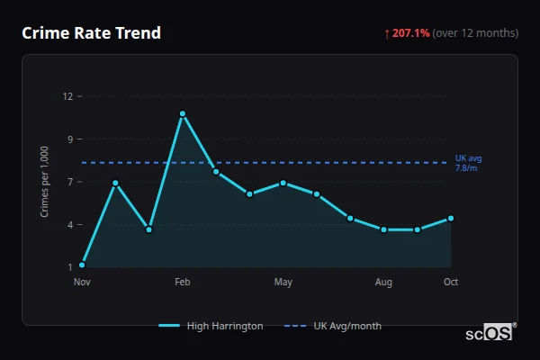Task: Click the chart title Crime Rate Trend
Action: coord(91,33)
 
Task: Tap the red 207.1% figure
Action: coord(410,33)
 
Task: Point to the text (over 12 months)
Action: coord(475,33)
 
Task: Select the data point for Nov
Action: coord(82,265)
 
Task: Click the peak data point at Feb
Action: coord(183,113)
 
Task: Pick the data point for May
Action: coord(283,183)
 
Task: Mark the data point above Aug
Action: coord(383,229)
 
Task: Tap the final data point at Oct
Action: coord(451,218)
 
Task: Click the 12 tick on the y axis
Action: coord(67,96)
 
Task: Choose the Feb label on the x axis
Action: coord(183,283)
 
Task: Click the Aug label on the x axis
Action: coord(383,283)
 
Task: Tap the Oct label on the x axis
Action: coord(451,283)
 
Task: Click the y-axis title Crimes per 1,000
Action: coord(45,182)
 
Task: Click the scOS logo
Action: coord(489,333)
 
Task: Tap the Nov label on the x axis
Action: coord(82,283)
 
